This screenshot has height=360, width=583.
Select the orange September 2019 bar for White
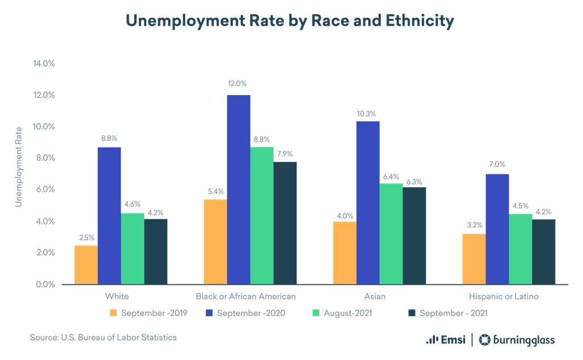click(x=86, y=264)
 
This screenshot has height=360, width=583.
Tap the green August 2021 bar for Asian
click(x=391, y=234)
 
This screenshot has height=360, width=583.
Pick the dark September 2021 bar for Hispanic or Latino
click(x=544, y=251)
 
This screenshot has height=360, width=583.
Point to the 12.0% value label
click(x=239, y=83)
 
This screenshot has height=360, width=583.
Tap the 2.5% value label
click(x=86, y=237)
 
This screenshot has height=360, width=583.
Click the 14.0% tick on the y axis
click(x=43, y=63)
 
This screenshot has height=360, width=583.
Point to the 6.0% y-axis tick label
click(x=43, y=190)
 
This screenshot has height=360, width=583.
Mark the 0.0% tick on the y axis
click(x=43, y=284)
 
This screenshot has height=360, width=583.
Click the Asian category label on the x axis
click(x=375, y=296)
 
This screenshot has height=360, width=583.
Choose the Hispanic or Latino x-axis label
click(x=503, y=296)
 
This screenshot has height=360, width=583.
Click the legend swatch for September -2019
click(x=113, y=313)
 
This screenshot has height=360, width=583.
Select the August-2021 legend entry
click(x=342, y=313)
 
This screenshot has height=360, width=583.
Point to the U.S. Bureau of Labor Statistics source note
click(x=103, y=338)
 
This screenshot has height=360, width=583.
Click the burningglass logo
click(x=517, y=340)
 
